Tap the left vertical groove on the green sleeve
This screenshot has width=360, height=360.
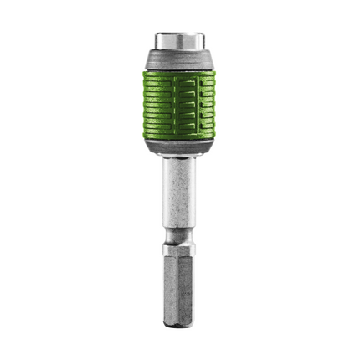coord(164,105)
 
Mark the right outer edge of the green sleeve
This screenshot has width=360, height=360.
coord(214,105)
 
